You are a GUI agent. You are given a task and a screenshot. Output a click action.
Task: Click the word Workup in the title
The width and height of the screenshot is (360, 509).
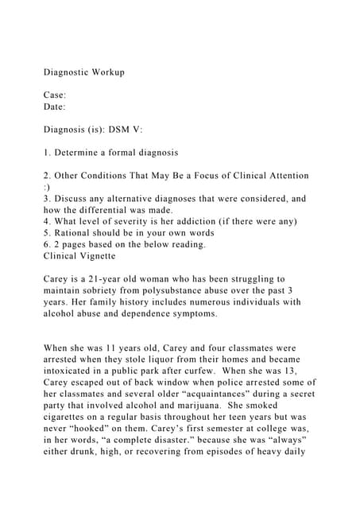pyautogui.click(x=107, y=72)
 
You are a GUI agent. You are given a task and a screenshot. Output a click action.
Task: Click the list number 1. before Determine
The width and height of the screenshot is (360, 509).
pyautogui.click(x=47, y=151)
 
